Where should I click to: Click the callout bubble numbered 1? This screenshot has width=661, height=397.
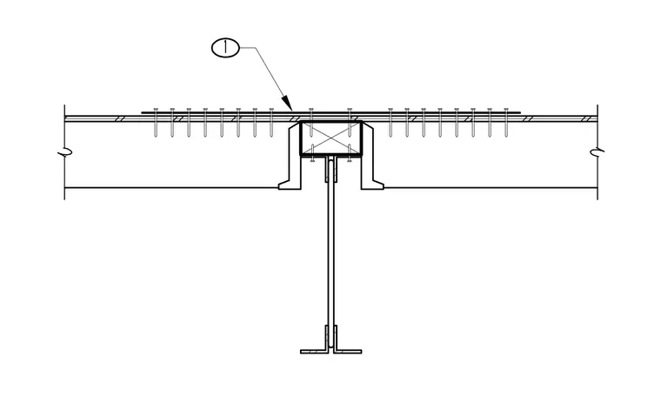point(225,48)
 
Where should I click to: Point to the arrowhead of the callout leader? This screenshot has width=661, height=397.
point(286,103)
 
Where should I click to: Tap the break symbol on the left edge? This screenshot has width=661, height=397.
point(64,151)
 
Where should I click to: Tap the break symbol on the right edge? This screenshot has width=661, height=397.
point(597,151)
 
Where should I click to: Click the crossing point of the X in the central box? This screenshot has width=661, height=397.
point(330,138)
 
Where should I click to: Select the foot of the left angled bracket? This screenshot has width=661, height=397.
point(290,185)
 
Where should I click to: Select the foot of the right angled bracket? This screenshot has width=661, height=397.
point(372,185)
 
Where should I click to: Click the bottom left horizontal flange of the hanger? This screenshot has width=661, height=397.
point(314,351)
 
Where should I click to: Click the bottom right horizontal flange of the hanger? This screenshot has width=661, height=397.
point(348,351)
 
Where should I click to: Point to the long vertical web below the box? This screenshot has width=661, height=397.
point(330,253)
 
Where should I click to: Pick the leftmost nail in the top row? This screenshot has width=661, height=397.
point(156,123)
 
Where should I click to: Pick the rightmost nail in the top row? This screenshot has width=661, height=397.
point(506,123)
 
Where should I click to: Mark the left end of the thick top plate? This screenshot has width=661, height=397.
point(142,112)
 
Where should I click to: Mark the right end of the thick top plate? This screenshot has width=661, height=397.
point(520,112)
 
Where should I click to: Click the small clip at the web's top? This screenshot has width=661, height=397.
point(330,169)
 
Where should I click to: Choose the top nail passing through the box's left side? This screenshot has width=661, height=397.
point(311,123)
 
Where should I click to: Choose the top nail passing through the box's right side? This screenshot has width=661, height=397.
point(350,123)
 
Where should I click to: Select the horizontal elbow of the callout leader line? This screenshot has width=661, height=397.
point(248,48)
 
